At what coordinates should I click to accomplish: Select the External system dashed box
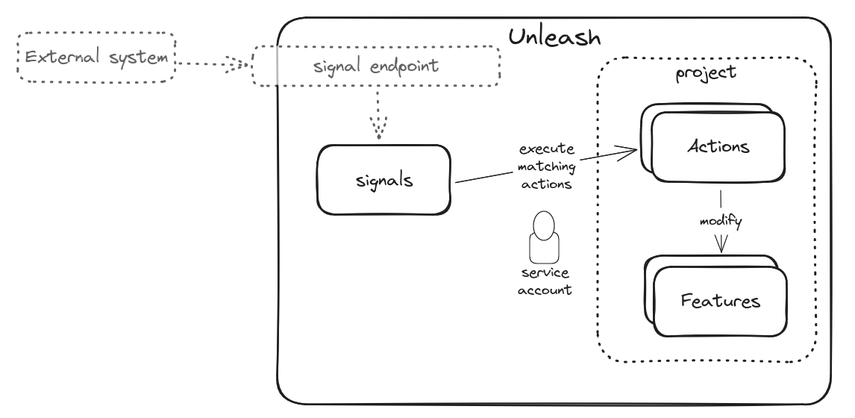click(x=95, y=57)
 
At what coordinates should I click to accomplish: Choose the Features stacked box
click(x=719, y=302)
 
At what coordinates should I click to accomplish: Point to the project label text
click(x=705, y=73)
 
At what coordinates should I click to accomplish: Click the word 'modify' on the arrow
click(x=720, y=222)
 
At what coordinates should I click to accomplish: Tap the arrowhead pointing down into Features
click(x=721, y=245)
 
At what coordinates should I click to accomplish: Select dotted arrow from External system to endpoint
click(x=213, y=64)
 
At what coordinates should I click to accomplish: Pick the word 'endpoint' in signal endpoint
click(x=403, y=66)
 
